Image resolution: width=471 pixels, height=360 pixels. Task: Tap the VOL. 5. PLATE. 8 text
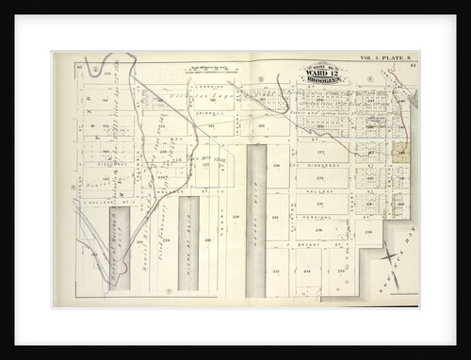tap(387, 57)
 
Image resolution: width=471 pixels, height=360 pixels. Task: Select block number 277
tap(319, 151)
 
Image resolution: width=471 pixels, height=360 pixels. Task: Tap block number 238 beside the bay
tap(368, 231)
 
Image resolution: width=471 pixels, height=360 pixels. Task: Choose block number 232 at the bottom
tap(276, 271)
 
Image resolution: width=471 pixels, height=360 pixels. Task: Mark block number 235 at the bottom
tap(340, 271)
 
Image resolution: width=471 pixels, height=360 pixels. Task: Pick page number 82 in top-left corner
tap(80, 66)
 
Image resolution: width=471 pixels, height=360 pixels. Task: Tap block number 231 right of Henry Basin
tap(276, 218)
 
